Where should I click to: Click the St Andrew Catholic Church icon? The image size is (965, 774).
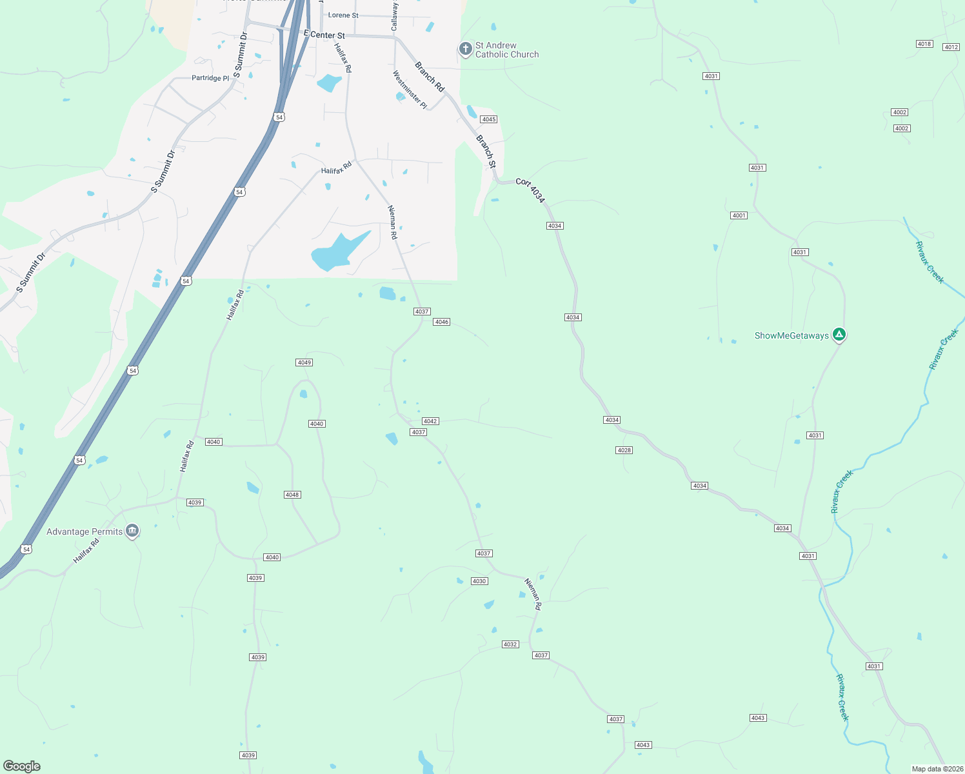click(x=465, y=49)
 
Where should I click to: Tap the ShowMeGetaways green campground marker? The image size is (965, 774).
click(x=839, y=335)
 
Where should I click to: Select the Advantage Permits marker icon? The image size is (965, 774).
click(x=132, y=531)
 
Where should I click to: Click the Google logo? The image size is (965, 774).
click(x=22, y=766)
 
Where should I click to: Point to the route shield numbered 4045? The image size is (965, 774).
click(x=489, y=119)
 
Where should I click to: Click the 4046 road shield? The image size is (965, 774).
click(x=441, y=322)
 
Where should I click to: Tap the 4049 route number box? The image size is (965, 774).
click(x=304, y=362)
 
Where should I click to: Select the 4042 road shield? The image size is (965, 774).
click(x=430, y=421)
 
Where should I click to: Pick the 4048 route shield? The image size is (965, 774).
click(x=292, y=495)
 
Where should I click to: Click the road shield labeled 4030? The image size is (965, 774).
click(x=479, y=581)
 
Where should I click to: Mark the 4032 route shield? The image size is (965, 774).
click(x=510, y=644)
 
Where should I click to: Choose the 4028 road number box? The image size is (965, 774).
click(x=624, y=450)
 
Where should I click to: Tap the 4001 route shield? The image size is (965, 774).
click(x=739, y=215)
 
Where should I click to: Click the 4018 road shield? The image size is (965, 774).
click(x=924, y=44)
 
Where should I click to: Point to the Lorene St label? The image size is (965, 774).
click(x=343, y=15)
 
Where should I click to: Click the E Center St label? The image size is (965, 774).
click(x=324, y=35)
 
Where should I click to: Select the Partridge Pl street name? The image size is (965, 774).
click(x=210, y=78)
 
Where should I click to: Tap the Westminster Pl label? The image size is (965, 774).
click(x=410, y=90)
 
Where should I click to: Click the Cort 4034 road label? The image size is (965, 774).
click(x=530, y=191)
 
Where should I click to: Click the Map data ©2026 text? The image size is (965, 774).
click(x=937, y=769)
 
